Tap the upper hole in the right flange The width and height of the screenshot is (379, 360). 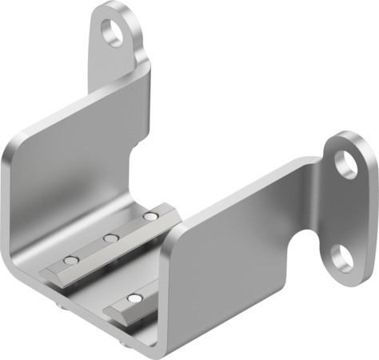[x=347, y=163]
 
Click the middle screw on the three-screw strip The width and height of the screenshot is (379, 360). [x=111, y=238]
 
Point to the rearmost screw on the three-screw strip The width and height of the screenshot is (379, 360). [x=149, y=216]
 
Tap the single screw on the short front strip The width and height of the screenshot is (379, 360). [x=135, y=298]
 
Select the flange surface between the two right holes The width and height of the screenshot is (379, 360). [x=345, y=210]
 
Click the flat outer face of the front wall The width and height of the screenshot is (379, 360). [x=232, y=272]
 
